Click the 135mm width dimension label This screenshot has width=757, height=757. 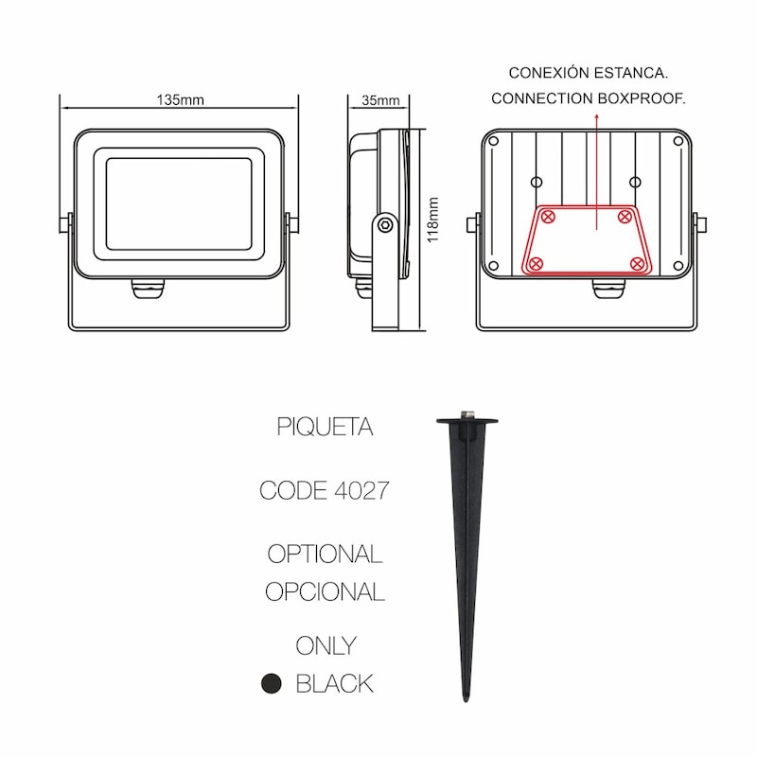click(180, 100)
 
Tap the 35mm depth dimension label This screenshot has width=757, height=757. click(380, 100)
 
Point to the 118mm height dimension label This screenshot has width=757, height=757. click(433, 220)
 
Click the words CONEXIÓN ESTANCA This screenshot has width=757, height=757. click(588, 73)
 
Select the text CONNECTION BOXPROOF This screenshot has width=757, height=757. click(588, 98)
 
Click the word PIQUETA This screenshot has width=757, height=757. click(325, 427)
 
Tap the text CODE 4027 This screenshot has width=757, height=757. click(324, 490)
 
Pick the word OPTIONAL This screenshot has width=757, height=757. click(325, 554)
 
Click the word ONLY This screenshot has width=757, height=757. click(326, 646)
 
